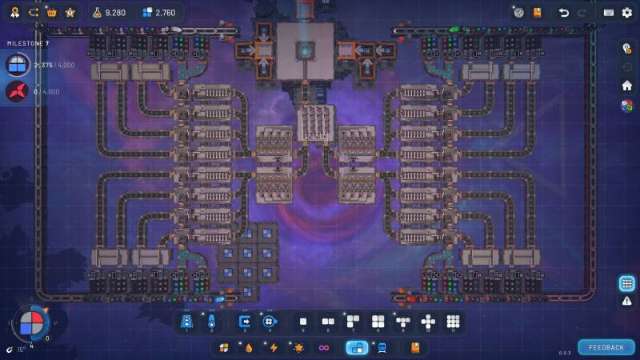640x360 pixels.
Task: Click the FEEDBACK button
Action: click(x=606, y=347)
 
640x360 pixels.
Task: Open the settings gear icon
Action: click(x=626, y=13)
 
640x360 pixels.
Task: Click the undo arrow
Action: click(x=563, y=13)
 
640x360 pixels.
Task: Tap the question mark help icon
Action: click(x=518, y=13)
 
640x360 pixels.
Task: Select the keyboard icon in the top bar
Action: click(x=609, y=13)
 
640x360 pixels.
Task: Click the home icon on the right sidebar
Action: click(x=627, y=86)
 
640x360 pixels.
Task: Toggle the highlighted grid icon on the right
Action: click(x=627, y=283)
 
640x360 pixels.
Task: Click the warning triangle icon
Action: click(x=627, y=301)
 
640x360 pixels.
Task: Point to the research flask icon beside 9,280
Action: click(x=98, y=13)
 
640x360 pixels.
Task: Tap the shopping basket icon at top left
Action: click(x=52, y=13)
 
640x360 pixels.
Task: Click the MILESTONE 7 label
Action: click(x=28, y=43)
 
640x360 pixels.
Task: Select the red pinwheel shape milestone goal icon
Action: click(x=17, y=92)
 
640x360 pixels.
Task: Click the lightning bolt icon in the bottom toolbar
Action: click(x=274, y=348)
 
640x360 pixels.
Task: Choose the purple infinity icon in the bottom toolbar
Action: click(x=324, y=348)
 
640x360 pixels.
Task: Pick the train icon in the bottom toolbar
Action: click(x=382, y=348)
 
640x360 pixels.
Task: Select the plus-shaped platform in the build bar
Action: click(x=428, y=322)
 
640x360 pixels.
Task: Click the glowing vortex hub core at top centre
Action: click(x=305, y=51)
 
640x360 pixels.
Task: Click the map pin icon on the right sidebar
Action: click(x=627, y=48)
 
